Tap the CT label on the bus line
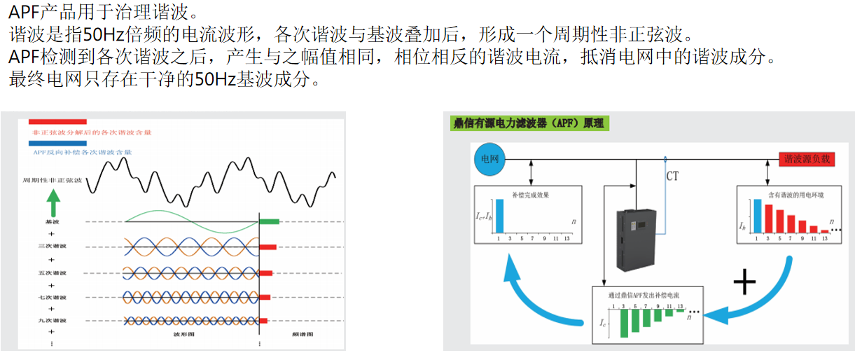pyautogui.click(x=672, y=176)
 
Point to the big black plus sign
pyautogui.click(x=744, y=282)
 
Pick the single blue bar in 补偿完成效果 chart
pyautogui.click(x=499, y=216)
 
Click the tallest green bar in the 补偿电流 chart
pyautogui.click(x=623, y=323)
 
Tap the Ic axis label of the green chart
pyautogui.click(x=604, y=324)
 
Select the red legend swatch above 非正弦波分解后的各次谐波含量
pyautogui.click(x=58, y=121)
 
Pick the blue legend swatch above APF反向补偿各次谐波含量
pyautogui.click(x=58, y=142)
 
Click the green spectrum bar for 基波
pyautogui.click(x=269, y=221)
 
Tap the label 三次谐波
pyautogui.click(x=52, y=247)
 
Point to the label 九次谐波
pyautogui.click(x=52, y=320)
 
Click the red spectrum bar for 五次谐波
pyautogui.click(x=266, y=272)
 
